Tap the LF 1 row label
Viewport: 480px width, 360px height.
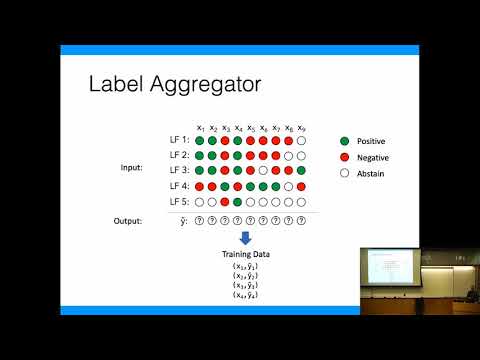tap(180, 141)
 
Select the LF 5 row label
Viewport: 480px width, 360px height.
tap(180, 202)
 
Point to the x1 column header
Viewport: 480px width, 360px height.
tap(201, 128)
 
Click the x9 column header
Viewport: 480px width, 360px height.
tap(301, 128)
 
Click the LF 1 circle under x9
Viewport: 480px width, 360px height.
tap(301, 141)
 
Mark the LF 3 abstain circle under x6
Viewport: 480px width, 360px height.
tap(263, 171)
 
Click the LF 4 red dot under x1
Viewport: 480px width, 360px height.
tap(201, 186)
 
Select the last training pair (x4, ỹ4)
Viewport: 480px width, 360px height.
tap(245, 295)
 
